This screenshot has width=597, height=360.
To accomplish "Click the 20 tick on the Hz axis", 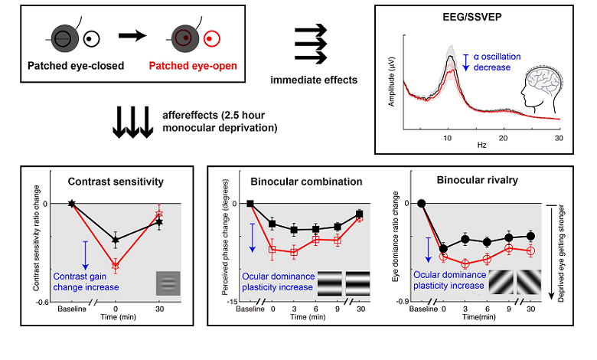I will [502, 136].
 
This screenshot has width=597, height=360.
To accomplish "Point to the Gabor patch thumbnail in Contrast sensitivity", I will [168, 283].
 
